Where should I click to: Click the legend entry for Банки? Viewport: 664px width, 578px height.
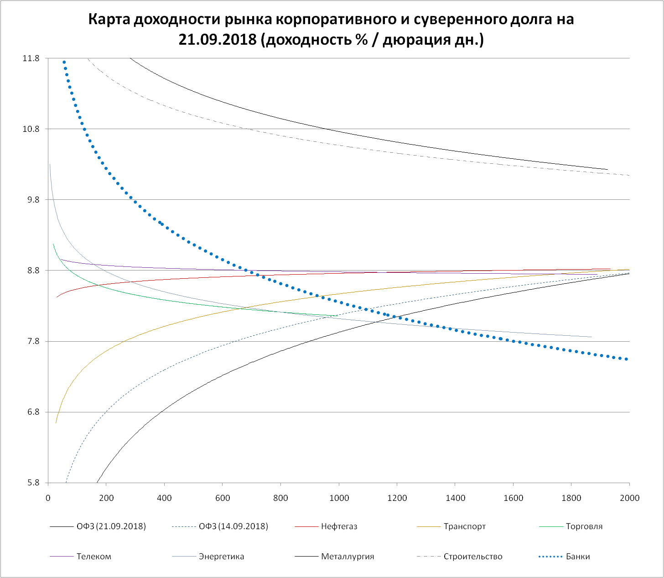[578, 557]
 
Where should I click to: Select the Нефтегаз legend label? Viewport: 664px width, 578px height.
[339, 526]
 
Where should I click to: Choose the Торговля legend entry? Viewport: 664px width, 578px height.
[584, 526]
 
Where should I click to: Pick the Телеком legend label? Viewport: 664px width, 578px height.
[93, 557]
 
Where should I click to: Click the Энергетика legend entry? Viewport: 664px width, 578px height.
[221, 557]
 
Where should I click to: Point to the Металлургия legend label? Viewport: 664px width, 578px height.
[348, 557]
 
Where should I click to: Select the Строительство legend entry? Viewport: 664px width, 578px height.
[473, 557]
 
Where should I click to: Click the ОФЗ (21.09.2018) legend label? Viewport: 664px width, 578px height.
[111, 526]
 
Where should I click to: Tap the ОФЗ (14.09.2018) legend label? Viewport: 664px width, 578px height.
[233, 526]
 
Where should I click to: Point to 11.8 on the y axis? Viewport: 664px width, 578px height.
[31, 58]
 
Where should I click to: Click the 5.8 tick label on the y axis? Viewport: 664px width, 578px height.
[33, 483]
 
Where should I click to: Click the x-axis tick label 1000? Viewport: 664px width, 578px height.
[339, 498]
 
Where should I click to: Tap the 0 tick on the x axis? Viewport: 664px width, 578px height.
[48, 498]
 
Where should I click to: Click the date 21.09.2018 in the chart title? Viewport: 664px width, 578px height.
[218, 40]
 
